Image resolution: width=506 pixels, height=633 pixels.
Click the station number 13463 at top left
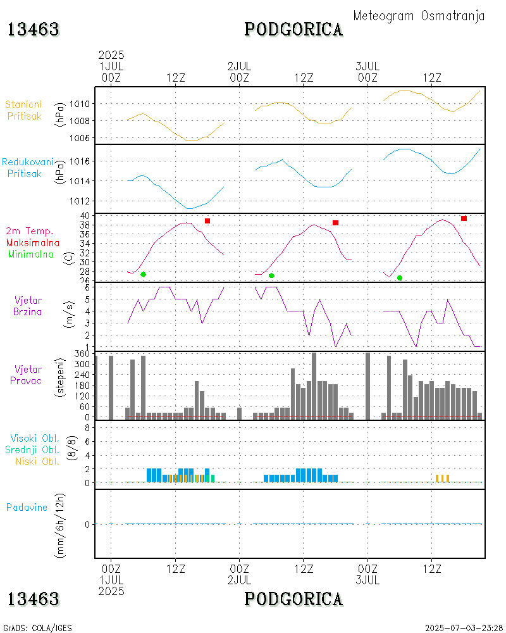coord(34,30)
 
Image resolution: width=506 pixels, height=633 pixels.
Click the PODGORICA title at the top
coord(294,30)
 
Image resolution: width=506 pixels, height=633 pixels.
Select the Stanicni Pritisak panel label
coord(25,110)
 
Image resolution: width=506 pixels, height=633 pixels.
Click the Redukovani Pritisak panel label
coord(27,168)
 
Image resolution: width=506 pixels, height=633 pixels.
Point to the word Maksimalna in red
coord(33,242)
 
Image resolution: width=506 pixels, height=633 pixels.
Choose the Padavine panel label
coord(27,507)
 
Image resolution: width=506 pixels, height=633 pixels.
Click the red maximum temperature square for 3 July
coord(464,218)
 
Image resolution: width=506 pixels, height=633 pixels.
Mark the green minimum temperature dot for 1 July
coord(144,274)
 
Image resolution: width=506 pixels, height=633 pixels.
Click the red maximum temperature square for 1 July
coord(207,221)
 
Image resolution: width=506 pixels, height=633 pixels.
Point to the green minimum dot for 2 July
coord(271,275)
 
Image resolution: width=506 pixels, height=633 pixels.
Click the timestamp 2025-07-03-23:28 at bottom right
coord(464,628)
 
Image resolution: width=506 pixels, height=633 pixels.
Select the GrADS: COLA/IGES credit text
coord(37,628)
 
